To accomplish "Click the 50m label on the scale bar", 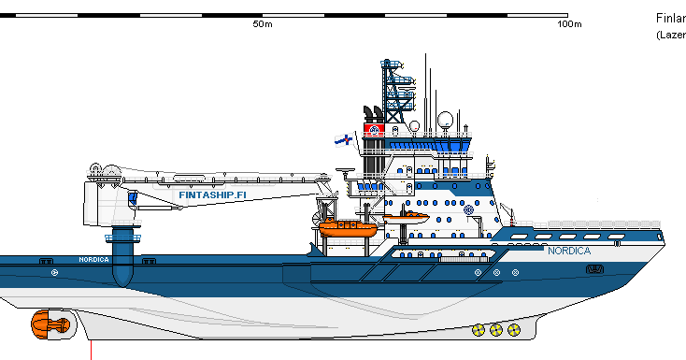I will point(263,23).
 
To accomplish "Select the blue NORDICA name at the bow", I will point(568,252).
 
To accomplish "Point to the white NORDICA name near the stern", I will point(93,259).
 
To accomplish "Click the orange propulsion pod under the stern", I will point(49,325).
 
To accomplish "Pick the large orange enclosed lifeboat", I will point(347,227).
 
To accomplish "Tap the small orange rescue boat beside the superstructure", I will point(406,218).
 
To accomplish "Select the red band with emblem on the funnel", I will point(374,127).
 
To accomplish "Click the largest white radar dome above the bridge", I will point(445,119).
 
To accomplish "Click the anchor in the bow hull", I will point(594,269).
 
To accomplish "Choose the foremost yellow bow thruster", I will point(513,329).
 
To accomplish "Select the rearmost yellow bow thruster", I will point(479,329).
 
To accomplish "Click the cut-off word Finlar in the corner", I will point(670,18).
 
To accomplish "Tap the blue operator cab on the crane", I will point(133,199).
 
